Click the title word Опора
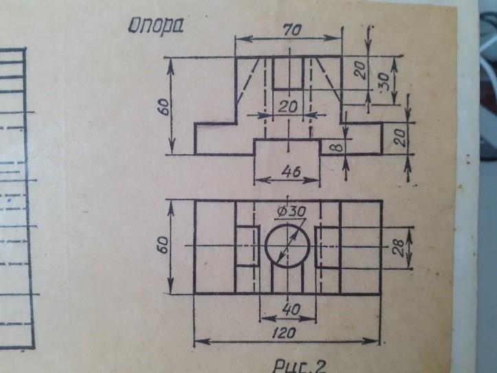click(x=156, y=25)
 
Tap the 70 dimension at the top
click(x=291, y=30)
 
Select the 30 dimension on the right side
click(x=384, y=81)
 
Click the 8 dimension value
click(x=338, y=147)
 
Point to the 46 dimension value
click(x=291, y=172)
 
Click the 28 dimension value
click(x=399, y=248)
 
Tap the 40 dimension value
click(x=291, y=308)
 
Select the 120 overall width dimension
click(x=284, y=332)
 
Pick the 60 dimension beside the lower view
click(x=164, y=246)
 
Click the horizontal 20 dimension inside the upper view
click(x=288, y=107)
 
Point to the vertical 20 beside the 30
click(x=360, y=70)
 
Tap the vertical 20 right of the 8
click(x=400, y=138)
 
